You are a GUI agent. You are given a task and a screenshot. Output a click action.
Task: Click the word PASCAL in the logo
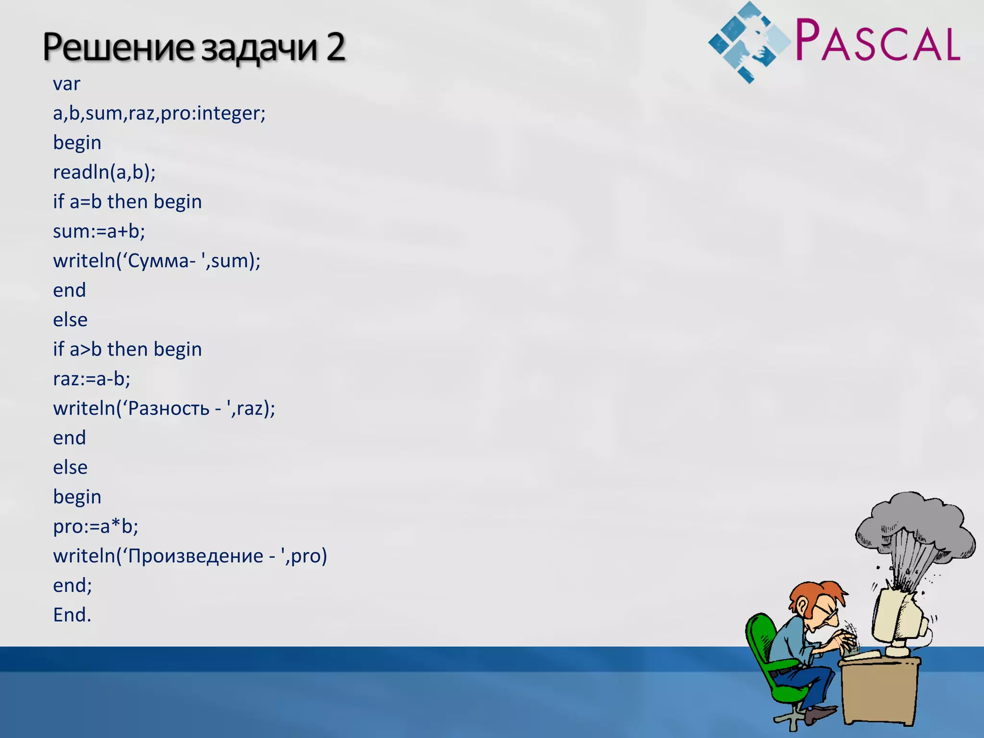[877, 40]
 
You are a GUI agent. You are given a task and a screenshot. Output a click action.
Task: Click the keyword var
[66, 84]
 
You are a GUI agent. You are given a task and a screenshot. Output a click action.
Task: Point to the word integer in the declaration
[229, 113]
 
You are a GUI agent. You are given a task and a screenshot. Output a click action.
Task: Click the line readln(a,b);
[104, 172]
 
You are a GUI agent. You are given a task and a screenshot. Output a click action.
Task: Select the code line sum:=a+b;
[99, 232]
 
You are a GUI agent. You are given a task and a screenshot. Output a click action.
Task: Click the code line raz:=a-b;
[91, 379]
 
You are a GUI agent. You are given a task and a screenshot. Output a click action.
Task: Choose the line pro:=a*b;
[96, 527]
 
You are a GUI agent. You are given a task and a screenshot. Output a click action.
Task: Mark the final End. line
[72, 615]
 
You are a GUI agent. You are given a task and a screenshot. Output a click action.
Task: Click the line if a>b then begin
[127, 349]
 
